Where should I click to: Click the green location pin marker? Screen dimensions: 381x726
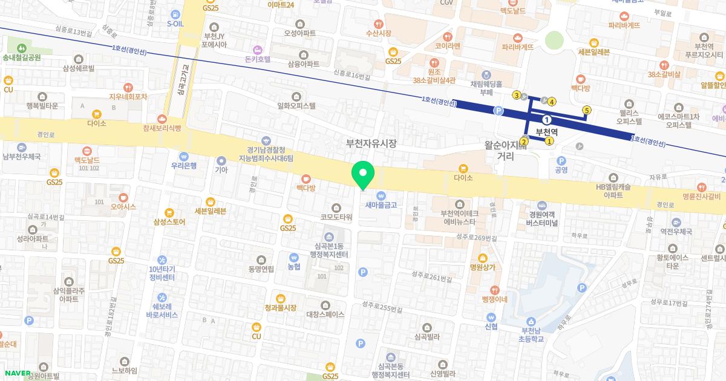(x=363, y=174)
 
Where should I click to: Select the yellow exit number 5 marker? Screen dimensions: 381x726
(x=586, y=109)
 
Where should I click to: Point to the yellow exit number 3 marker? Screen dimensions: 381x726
(x=516, y=95)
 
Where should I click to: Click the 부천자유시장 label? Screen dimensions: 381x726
(x=371, y=144)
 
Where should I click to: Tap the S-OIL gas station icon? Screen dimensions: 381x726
(x=175, y=13)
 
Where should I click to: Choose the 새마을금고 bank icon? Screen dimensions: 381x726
(x=381, y=195)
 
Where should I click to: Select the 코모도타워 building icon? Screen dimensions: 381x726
(x=337, y=207)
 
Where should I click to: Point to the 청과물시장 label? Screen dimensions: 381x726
(x=281, y=308)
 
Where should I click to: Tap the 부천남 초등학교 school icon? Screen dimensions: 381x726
(x=531, y=321)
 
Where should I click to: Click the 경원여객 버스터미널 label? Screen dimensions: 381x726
(x=541, y=218)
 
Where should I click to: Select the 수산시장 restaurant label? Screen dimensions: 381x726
(x=379, y=33)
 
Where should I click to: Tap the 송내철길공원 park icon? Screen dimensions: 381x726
(x=22, y=47)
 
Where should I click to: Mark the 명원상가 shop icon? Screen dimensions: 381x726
(x=482, y=256)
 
